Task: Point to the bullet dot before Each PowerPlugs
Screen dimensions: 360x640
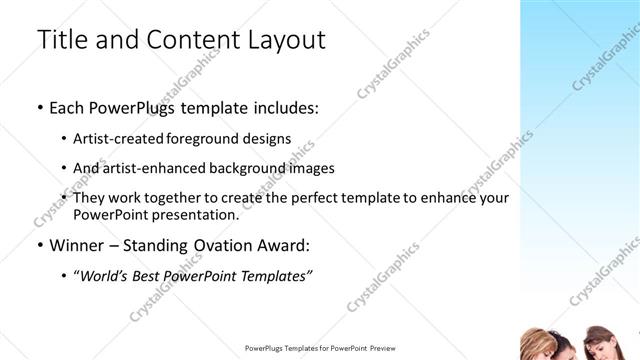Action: tap(39, 107)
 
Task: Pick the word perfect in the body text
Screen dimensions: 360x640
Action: tap(335, 198)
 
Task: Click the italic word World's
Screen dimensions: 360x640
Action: tap(105, 275)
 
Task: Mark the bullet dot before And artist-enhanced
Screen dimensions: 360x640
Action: tap(65, 168)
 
